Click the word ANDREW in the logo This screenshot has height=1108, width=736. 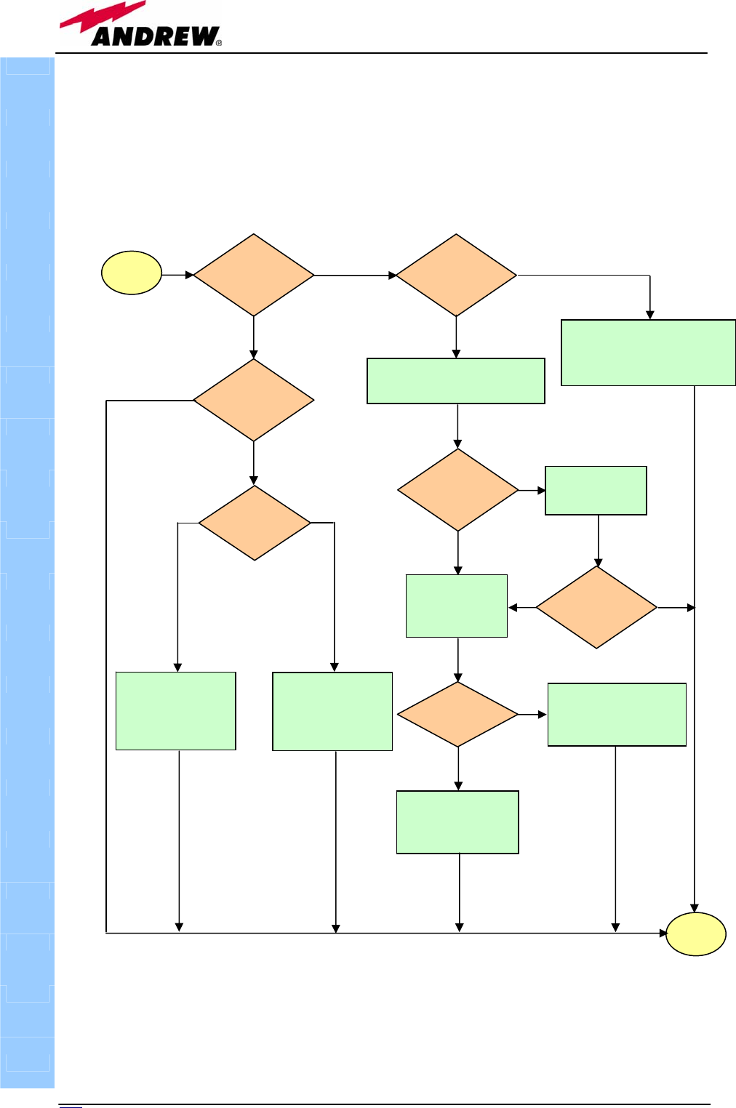(154, 36)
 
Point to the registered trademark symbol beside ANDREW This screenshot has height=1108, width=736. (219, 43)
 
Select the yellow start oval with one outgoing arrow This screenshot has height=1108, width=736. (132, 273)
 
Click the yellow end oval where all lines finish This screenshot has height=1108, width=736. (696, 934)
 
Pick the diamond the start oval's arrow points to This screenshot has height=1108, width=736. (253, 275)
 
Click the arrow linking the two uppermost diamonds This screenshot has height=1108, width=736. (355, 276)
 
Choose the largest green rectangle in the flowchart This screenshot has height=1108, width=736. (648, 353)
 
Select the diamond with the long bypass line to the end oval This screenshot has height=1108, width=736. (253, 400)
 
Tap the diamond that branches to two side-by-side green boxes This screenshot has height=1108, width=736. (255, 523)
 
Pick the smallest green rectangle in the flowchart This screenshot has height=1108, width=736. (596, 491)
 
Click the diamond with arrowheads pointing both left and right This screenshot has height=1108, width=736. (596, 607)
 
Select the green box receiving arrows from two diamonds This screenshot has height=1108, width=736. (457, 606)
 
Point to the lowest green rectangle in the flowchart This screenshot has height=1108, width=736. (457, 822)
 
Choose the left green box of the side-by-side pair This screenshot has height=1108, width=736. (176, 711)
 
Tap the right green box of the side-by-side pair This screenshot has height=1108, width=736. (332, 711)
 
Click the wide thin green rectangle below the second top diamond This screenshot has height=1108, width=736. (456, 381)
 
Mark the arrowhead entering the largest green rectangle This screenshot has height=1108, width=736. (650, 315)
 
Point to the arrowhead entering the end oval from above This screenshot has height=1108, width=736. (695, 908)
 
